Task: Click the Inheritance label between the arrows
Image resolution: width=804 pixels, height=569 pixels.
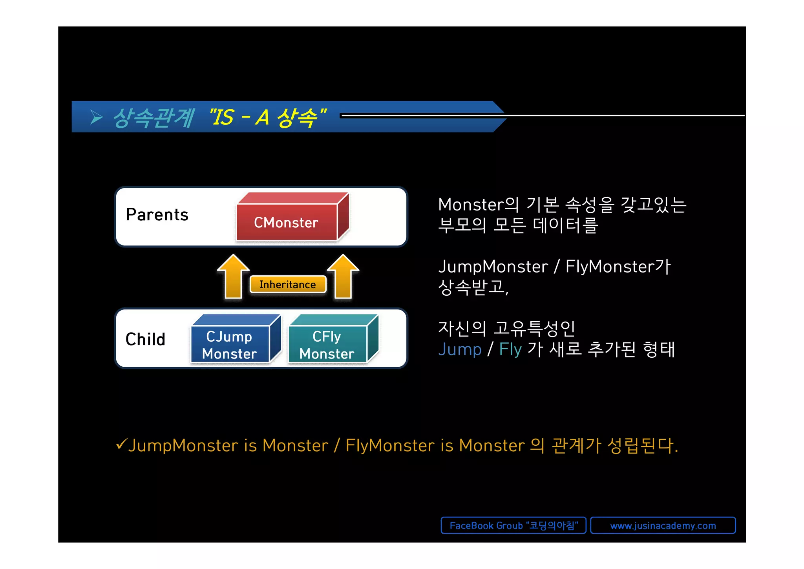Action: pyautogui.click(x=288, y=284)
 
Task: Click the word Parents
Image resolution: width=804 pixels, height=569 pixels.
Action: pyautogui.click(x=157, y=215)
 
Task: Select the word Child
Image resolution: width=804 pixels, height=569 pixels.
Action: pyautogui.click(x=145, y=339)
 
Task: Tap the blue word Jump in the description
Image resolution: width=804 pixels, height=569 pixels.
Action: pyautogui.click(x=460, y=349)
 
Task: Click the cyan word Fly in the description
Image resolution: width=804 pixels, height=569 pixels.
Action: pyautogui.click(x=510, y=349)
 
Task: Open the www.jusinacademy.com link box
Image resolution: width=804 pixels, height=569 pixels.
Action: pyautogui.click(x=663, y=525)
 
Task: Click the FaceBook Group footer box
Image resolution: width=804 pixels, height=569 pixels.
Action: pyautogui.click(x=513, y=525)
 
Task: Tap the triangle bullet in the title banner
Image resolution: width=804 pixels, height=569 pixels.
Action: pyautogui.click(x=96, y=117)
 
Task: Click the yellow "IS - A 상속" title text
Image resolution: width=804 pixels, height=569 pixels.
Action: pyautogui.click(x=268, y=117)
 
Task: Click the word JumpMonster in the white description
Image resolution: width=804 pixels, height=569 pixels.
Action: pyautogui.click(x=493, y=267)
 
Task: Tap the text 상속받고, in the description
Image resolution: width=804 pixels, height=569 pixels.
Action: pyautogui.click(x=473, y=287)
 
